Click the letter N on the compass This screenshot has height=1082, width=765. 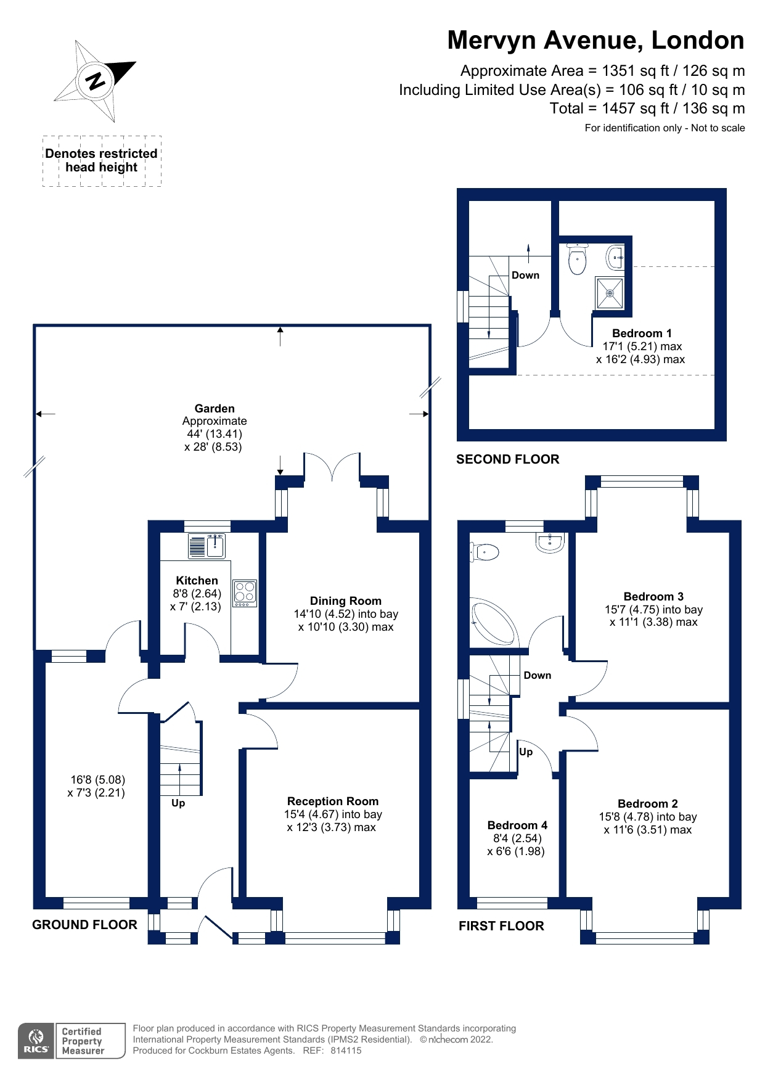coord(96,81)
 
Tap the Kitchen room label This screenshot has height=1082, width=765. coord(197,580)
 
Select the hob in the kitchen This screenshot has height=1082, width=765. coord(245,593)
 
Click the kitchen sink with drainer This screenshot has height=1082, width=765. coord(207,546)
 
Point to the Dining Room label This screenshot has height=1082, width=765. coord(345,600)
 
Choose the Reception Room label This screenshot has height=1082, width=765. coord(332,801)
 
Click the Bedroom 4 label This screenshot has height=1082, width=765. coord(517,825)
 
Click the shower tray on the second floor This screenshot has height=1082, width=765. coord(609,293)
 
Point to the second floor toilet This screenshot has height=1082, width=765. coord(577,259)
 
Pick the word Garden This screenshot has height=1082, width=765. coord(215,408)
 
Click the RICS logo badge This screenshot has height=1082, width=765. coord(36,1041)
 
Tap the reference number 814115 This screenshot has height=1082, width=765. coord(346,1051)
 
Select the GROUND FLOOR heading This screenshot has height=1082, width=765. coord(84,924)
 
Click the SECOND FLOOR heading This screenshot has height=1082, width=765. coord(507,459)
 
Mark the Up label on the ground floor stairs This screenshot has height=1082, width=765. coord(178,803)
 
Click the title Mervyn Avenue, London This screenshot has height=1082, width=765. coord(595,40)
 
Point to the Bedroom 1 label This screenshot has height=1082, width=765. coord(642,333)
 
